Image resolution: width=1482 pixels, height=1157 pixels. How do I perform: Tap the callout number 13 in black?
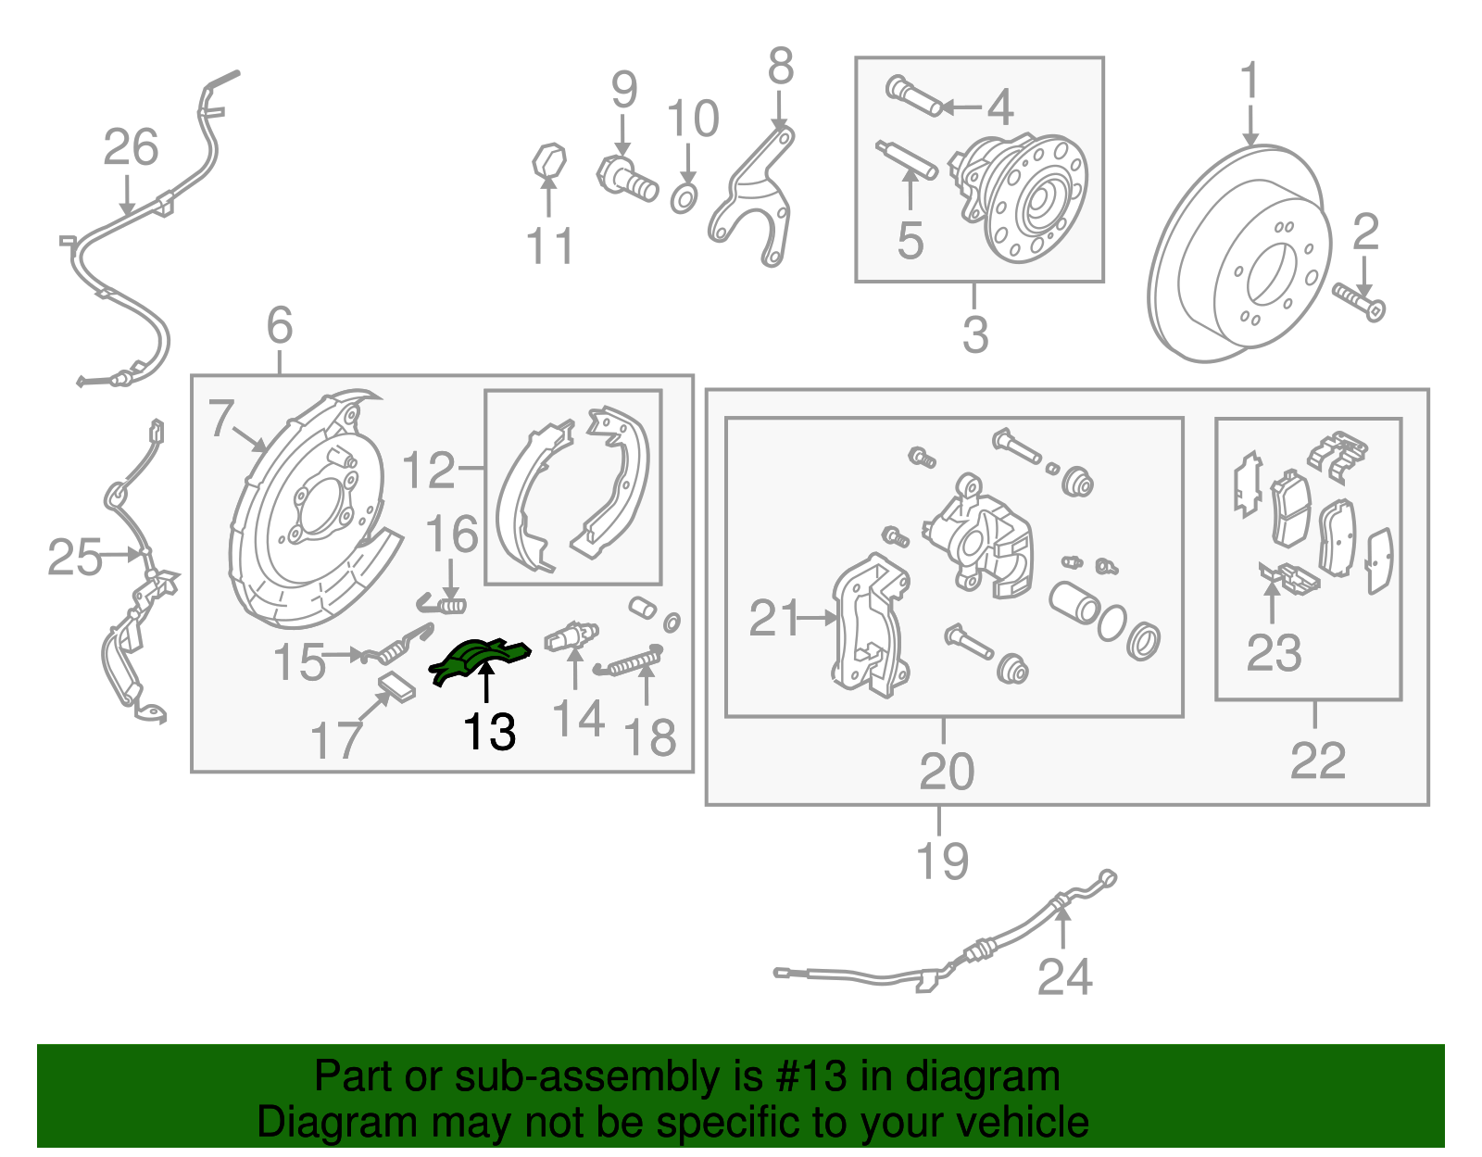click(488, 733)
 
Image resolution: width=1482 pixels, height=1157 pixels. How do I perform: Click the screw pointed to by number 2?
click(1359, 302)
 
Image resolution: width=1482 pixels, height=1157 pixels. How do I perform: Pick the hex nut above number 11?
click(548, 159)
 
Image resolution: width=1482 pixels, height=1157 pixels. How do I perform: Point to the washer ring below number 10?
click(684, 197)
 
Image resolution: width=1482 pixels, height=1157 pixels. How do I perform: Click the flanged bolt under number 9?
click(627, 178)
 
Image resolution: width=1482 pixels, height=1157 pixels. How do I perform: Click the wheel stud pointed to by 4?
click(913, 96)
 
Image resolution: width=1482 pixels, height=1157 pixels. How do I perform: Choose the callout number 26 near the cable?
click(131, 148)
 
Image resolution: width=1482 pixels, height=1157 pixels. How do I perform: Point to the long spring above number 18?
click(632, 661)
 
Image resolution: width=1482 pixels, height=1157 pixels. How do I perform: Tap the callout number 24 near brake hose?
click(1064, 976)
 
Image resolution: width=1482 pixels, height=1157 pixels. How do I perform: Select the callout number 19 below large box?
click(942, 861)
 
